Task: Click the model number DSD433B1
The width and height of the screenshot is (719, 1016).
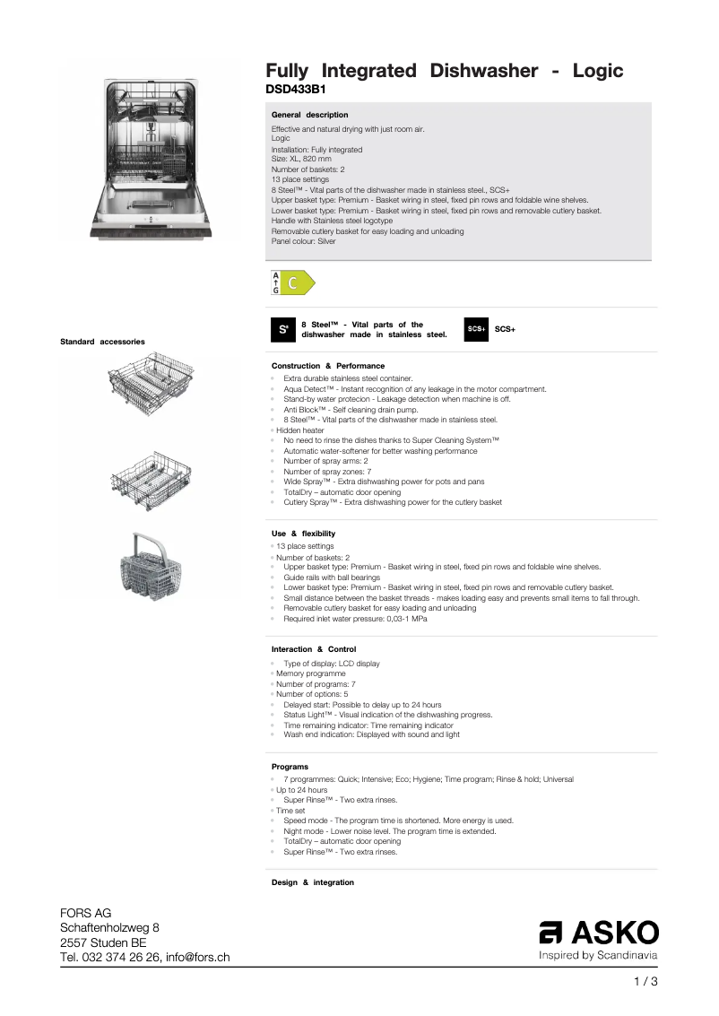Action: pos(295,90)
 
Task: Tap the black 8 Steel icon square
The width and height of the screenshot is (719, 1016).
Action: pos(282,329)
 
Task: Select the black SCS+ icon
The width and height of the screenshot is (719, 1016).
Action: pos(476,329)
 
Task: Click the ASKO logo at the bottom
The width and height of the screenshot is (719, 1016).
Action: pos(598,933)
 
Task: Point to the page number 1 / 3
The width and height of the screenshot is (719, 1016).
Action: pos(645,982)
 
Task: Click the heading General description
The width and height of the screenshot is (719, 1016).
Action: pos(309,115)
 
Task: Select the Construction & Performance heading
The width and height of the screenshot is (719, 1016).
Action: pos(327,366)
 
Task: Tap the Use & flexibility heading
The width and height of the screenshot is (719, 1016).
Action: pos(303,534)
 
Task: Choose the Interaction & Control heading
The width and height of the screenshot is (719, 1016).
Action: pos(313,649)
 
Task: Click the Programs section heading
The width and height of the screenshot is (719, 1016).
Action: pos(290,767)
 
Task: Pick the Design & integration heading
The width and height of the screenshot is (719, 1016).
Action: pos(312,883)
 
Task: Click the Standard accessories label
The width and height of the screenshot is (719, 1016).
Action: pos(101,342)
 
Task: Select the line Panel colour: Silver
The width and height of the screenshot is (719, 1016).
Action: pos(303,241)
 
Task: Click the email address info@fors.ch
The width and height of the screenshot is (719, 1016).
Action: pos(197,958)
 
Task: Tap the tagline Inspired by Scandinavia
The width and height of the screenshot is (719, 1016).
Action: pos(597,956)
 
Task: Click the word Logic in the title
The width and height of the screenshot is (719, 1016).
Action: pos(587,71)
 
